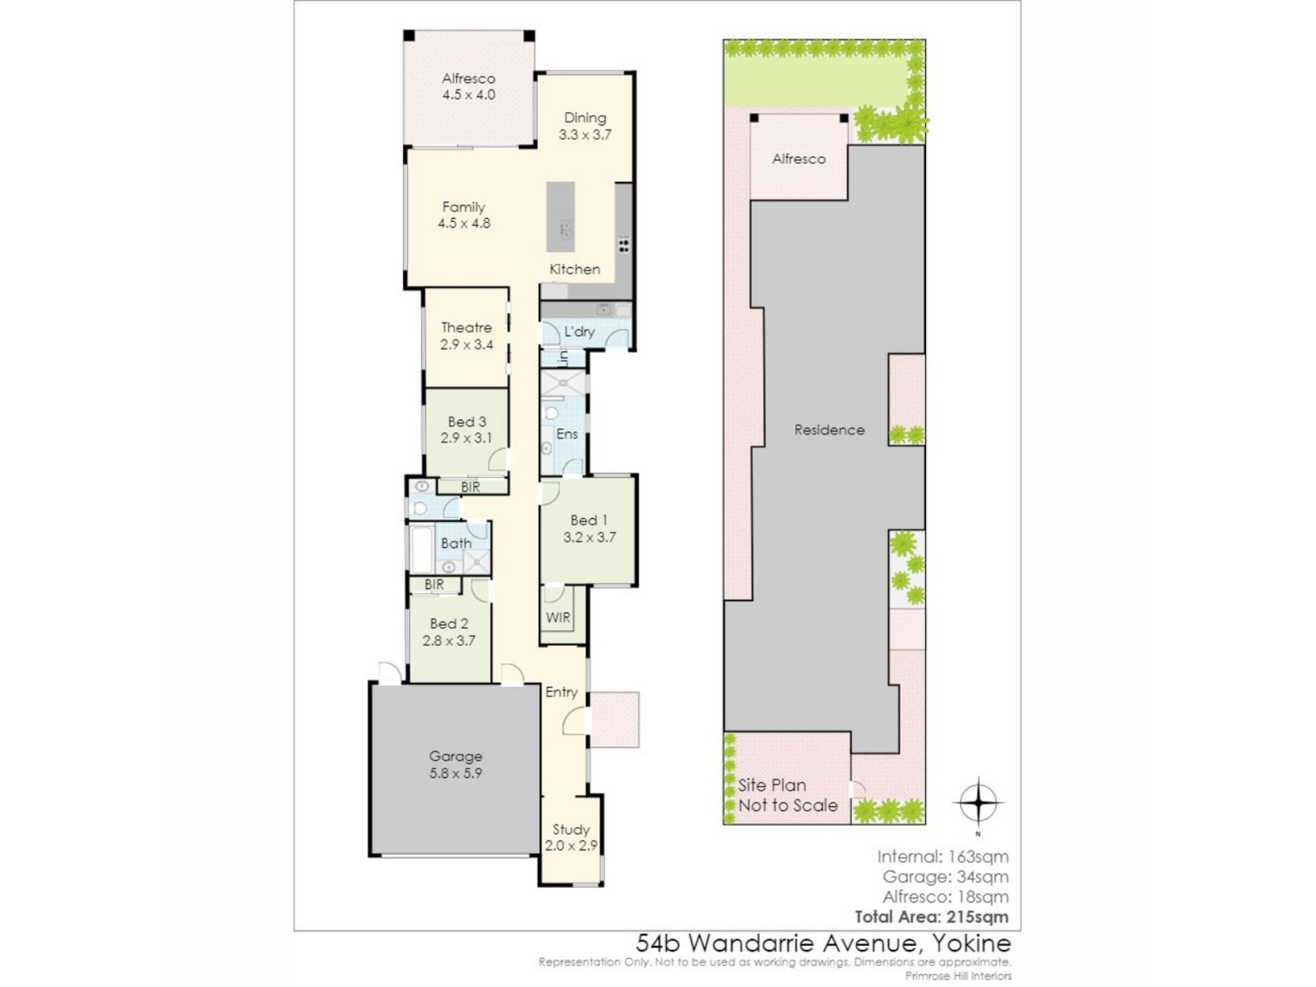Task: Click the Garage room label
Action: pyautogui.click(x=456, y=756)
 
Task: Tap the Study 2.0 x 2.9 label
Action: pyautogui.click(x=571, y=838)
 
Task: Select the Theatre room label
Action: pyautogui.click(x=466, y=328)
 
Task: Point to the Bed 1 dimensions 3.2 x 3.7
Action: pyautogui.click(x=589, y=537)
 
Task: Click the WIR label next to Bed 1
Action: pyautogui.click(x=558, y=618)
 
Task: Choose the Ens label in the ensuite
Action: pyautogui.click(x=567, y=434)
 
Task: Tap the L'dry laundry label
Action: pyautogui.click(x=579, y=332)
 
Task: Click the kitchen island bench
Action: pyautogui.click(x=561, y=217)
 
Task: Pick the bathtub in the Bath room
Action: pyautogui.click(x=422, y=550)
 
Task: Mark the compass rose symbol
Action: pyautogui.click(x=978, y=803)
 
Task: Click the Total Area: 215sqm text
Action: pyautogui.click(x=931, y=917)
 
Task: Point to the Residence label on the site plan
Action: pyautogui.click(x=829, y=430)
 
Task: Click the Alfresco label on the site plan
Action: pyautogui.click(x=799, y=159)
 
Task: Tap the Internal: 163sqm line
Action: pyautogui.click(x=943, y=857)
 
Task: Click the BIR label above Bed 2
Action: pyautogui.click(x=434, y=585)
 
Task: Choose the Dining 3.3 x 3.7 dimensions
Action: pyautogui.click(x=585, y=134)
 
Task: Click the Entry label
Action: pyautogui.click(x=561, y=692)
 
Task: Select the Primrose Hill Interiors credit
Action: pyautogui.click(x=958, y=975)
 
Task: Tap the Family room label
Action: pyautogui.click(x=463, y=206)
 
